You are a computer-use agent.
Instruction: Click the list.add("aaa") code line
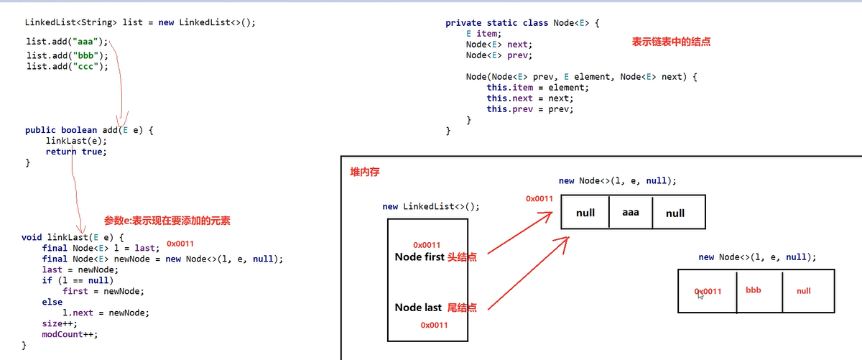point(67,42)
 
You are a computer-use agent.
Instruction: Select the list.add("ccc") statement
point(67,67)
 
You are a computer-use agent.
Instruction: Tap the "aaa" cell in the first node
point(630,213)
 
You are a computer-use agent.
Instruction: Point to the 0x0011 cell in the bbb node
point(708,291)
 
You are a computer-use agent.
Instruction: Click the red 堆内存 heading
point(365,173)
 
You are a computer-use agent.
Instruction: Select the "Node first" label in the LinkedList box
point(420,257)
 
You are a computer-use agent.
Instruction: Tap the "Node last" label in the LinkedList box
point(418,308)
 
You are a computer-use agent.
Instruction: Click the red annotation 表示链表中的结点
point(671,42)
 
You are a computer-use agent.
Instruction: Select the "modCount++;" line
point(69,334)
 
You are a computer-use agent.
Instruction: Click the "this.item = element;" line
point(537,88)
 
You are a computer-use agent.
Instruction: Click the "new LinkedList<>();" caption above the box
point(431,206)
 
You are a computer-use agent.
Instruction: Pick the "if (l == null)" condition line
point(78,280)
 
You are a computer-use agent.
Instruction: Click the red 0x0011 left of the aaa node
point(539,198)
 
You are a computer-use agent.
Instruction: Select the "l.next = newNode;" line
point(106,313)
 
